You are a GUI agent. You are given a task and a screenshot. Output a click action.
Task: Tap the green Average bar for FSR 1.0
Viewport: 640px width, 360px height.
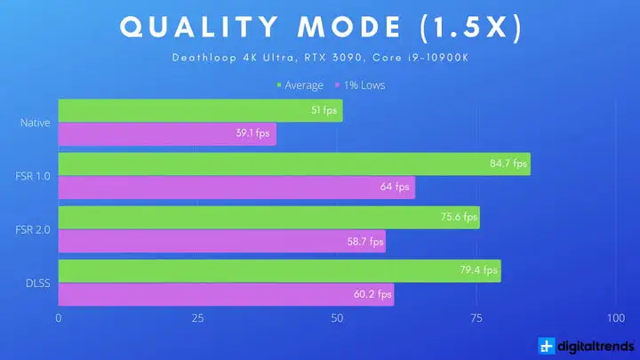293,164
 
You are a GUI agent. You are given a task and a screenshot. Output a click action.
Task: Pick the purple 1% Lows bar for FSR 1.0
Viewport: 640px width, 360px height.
236,188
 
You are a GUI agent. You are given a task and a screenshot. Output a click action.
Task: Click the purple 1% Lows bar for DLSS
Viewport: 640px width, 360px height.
226,294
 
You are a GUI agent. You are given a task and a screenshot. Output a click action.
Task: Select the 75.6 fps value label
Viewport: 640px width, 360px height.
457,217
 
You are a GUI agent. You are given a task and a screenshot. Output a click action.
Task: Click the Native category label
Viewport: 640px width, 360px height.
35,123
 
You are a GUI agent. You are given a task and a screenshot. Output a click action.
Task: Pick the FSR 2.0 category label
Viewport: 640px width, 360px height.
35,229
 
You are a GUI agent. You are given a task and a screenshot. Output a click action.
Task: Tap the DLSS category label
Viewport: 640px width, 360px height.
37,283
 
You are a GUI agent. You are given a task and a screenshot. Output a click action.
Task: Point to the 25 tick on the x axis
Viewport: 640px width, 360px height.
197,318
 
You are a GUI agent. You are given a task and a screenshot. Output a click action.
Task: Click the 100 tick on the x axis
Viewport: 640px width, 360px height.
614,318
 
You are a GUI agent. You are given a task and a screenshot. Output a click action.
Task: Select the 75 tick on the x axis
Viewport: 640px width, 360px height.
476,318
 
